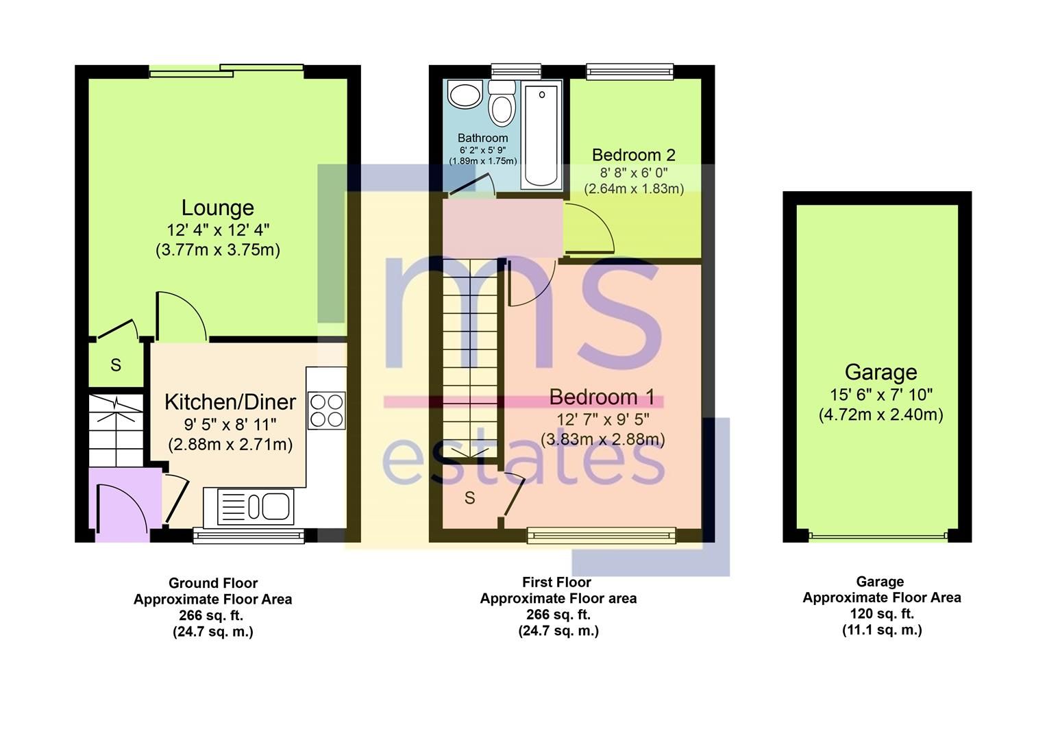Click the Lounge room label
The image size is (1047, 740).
tap(217, 208)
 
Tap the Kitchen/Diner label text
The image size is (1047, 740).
tap(230, 402)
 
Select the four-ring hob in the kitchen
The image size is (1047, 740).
tap(326, 410)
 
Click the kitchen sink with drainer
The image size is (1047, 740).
tap(255, 507)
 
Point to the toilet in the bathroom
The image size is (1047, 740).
tap(502, 104)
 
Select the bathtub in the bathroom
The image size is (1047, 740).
tap(541, 134)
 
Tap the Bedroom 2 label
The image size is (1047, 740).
tap(634, 155)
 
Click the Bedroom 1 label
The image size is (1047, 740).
tap(602, 397)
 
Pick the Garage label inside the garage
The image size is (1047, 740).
tap(880, 372)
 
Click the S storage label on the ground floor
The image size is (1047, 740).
tap(116, 365)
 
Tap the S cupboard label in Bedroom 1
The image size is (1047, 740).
tap(469, 498)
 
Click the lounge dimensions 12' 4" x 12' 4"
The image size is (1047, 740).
tap(218, 230)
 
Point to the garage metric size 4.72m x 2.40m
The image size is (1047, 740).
tap(880, 415)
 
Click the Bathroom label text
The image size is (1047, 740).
tap(482, 138)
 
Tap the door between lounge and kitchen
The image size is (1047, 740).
tap(182, 317)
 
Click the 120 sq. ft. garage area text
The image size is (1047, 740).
tap(881, 613)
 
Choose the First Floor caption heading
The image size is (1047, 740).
tap(556, 582)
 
